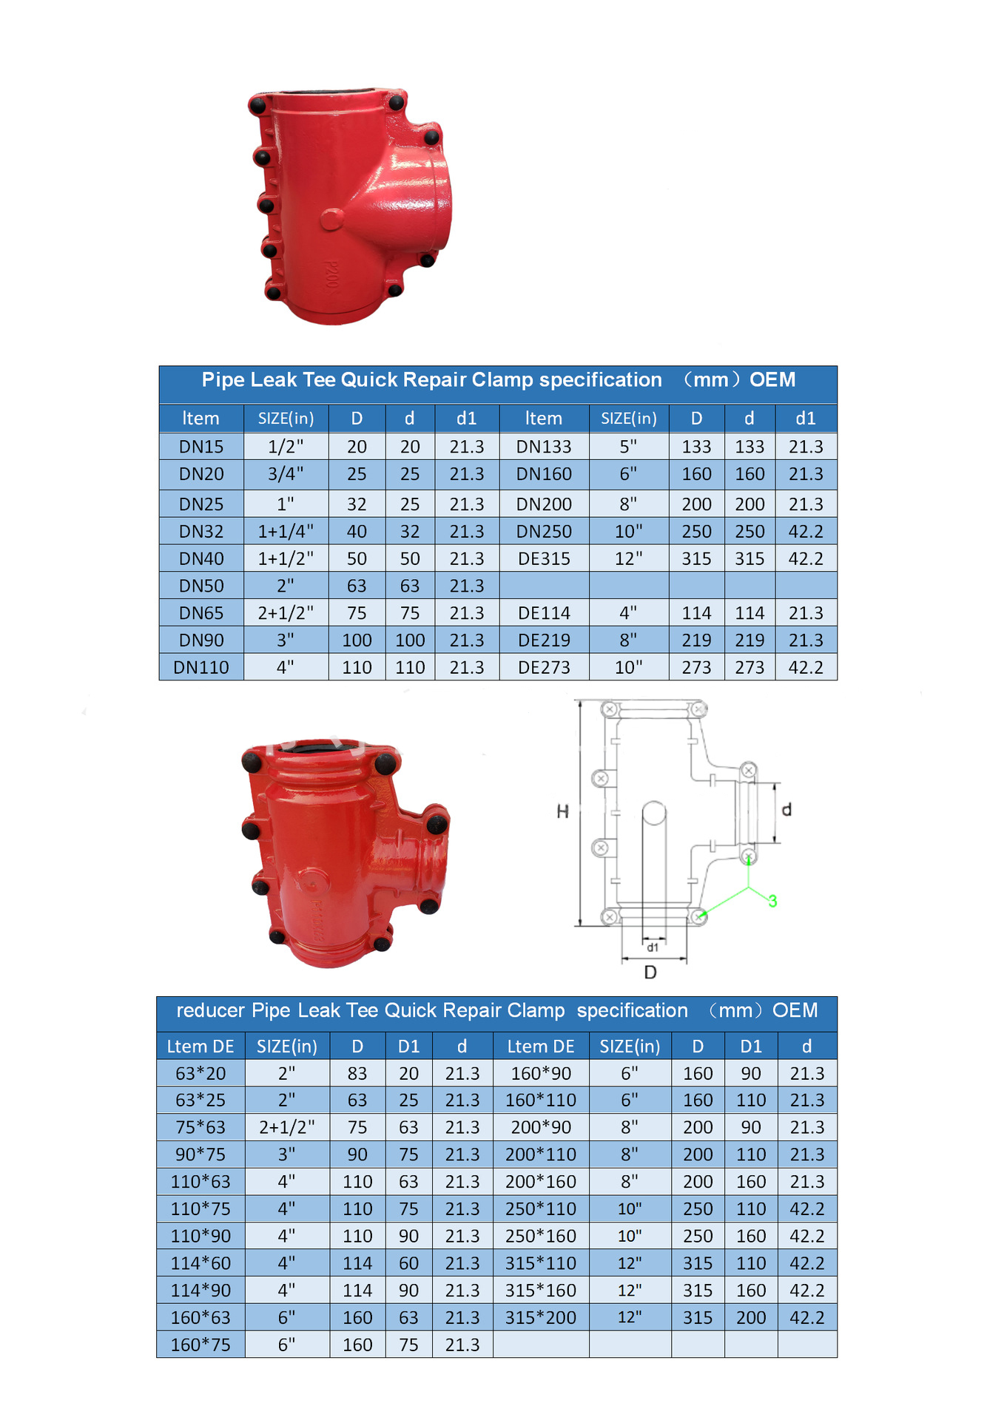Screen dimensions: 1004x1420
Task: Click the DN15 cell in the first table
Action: [201, 447]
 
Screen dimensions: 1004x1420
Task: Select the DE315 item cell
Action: [544, 558]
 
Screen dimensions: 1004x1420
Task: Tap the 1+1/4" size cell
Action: [286, 531]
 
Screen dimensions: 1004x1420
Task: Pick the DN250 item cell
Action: [544, 531]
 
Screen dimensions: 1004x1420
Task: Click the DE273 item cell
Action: [544, 667]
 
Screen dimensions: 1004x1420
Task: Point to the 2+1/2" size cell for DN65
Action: [286, 612]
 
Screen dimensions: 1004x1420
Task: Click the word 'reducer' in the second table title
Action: [210, 1010]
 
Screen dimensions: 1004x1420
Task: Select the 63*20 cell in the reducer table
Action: [201, 1073]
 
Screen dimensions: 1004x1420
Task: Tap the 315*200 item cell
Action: [541, 1317]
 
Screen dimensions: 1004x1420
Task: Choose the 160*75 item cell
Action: [201, 1345]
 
